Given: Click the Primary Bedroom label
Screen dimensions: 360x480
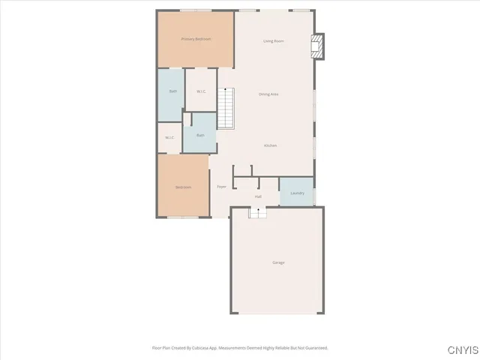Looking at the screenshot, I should click(x=196, y=39).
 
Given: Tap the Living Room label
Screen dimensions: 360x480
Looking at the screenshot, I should click(x=273, y=40).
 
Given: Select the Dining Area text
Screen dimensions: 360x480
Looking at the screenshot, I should click(x=268, y=94).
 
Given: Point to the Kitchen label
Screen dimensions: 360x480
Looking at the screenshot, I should click(x=271, y=145).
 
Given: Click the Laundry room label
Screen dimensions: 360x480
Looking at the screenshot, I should click(x=296, y=193).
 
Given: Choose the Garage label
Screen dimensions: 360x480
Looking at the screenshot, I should click(x=278, y=262).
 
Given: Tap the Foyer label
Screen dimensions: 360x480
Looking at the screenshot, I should click(x=221, y=187).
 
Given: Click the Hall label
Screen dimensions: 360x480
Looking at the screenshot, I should click(x=258, y=196).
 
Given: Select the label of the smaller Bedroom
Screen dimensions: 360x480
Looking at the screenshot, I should click(x=183, y=187).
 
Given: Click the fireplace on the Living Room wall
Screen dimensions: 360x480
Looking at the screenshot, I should click(x=318, y=46).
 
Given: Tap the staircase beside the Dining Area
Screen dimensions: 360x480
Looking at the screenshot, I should click(x=226, y=107).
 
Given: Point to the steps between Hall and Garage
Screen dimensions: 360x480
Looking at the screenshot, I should click(x=258, y=213).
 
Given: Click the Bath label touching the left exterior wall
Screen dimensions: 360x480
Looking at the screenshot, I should click(x=172, y=91).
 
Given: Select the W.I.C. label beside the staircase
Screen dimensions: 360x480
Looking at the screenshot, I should click(x=201, y=91).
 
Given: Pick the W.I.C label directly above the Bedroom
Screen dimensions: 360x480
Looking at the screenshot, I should click(x=169, y=137).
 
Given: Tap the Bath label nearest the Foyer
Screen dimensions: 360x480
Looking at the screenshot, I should click(x=200, y=135).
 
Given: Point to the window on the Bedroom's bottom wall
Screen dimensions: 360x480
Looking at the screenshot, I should click(x=183, y=217).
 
